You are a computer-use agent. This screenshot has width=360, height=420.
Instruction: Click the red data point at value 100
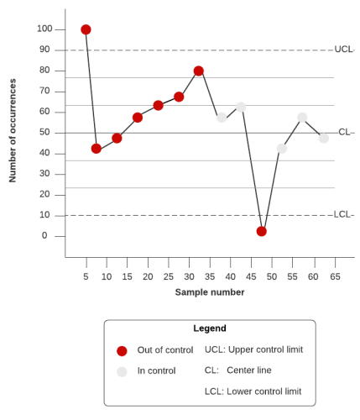coord(86,29)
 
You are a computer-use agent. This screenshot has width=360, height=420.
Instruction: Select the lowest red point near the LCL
coord(262,231)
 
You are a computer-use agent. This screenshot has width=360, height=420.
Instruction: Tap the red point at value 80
coord(199,71)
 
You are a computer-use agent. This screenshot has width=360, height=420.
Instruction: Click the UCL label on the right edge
coord(343,50)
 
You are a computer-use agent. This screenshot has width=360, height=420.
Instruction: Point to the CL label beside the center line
coord(344,132)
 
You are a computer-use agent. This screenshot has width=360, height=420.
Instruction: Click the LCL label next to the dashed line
coord(342,214)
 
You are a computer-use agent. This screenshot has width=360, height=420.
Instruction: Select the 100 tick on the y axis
coord(44,29)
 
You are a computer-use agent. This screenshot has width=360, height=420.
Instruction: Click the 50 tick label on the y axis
coord(44,132)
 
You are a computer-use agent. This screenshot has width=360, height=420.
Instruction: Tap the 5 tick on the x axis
coord(86,276)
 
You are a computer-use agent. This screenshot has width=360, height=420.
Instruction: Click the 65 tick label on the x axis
coord(335,276)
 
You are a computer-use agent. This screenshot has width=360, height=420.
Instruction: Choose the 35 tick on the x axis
coord(210,276)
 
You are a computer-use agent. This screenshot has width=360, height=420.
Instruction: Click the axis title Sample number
coord(210,292)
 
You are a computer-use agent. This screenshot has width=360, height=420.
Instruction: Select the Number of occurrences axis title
coord(13,130)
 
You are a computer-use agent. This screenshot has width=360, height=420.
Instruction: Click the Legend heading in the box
coord(210,328)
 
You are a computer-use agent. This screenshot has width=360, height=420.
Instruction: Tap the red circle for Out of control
coord(122,351)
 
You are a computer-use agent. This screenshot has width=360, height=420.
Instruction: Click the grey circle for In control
coord(122,371)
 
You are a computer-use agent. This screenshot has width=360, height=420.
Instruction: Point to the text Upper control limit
coord(265,349)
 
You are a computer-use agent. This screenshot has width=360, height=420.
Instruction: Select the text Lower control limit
coord(264,391)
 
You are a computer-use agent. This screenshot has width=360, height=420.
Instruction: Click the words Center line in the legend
coord(254,370)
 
